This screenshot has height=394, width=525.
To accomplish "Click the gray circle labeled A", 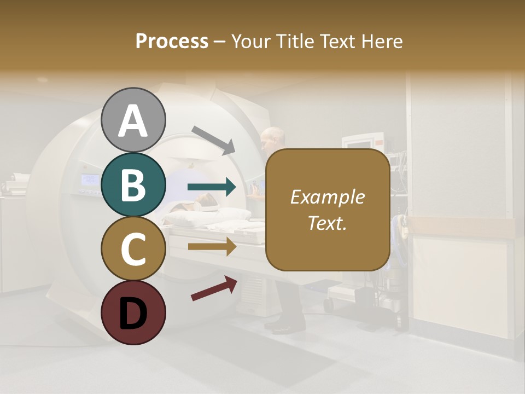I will pos(133,120).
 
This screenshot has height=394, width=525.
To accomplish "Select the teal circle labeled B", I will pos(133,184).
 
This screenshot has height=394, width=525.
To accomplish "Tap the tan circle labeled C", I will pos(133,248).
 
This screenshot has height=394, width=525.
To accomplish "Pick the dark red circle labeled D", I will pos(133,312).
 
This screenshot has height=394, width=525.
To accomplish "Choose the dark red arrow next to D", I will pos(214,288).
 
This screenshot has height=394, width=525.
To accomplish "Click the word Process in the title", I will pos(172,41).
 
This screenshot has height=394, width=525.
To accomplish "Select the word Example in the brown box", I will pos(327,197).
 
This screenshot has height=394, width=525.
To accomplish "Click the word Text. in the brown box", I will pos(327,223).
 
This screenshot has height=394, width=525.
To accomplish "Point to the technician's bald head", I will pos(272,137).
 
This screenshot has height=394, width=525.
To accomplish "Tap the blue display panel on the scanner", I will pos(90,179).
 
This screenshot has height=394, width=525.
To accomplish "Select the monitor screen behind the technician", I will pos(358,144).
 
